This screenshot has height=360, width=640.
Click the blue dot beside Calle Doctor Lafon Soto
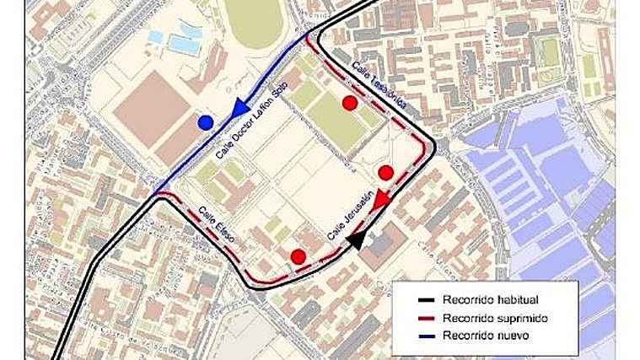click(205, 123)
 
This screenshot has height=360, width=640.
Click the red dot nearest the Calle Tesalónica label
click(349, 103)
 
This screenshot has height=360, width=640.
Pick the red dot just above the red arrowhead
click(386, 173)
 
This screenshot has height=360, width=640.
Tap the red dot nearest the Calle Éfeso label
click(298, 257)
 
